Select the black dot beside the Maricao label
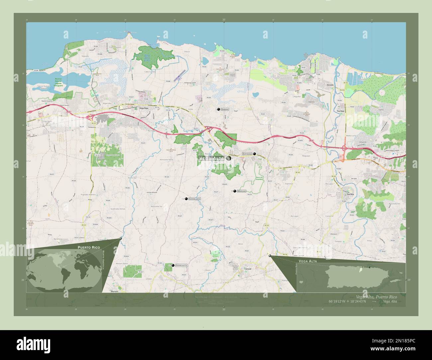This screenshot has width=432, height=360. click(235, 191)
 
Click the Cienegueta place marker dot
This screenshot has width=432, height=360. click(173, 265)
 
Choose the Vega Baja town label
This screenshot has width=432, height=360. click(144, 108)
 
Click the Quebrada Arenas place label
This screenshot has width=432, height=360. click(118, 209)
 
